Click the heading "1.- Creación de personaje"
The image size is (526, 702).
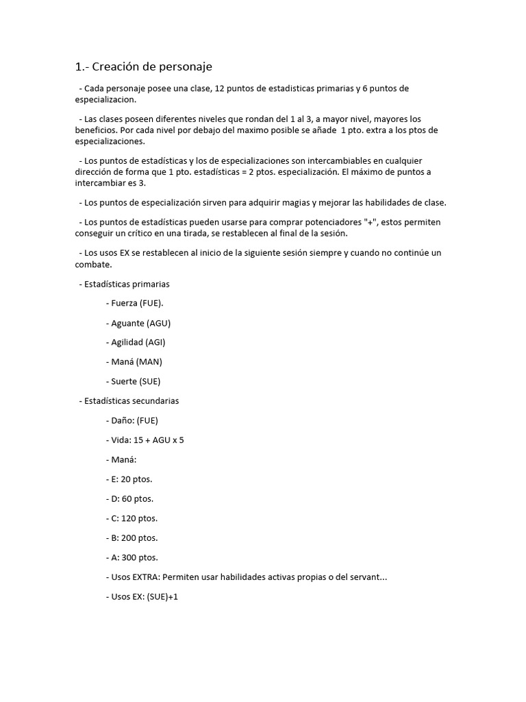click(x=143, y=66)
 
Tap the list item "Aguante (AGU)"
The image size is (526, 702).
click(x=140, y=322)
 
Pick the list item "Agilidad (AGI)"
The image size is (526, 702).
click(x=138, y=342)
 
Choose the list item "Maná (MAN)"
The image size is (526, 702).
click(x=136, y=361)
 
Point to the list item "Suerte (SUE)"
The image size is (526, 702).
click(x=136, y=381)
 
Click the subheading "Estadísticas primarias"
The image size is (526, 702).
click(x=126, y=283)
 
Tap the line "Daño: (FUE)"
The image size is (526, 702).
click(x=135, y=420)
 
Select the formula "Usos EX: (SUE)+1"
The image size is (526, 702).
click(x=145, y=597)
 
